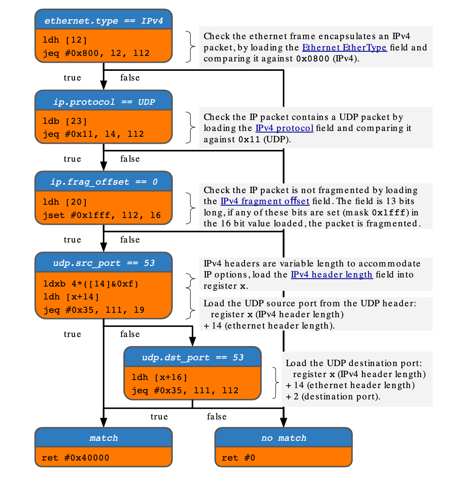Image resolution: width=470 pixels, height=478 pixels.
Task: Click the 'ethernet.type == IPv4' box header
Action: click(104, 20)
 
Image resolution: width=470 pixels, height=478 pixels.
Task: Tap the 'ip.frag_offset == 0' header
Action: click(104, 181)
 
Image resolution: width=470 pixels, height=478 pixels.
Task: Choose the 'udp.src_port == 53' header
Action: click(104, 263)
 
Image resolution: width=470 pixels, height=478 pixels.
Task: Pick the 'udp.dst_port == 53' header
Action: click(193, 357)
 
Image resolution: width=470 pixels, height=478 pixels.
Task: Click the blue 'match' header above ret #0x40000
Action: click(104, 438)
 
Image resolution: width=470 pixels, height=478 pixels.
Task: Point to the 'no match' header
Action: click(284, 438)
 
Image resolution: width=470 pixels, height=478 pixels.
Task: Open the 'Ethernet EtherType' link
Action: click(344, 48)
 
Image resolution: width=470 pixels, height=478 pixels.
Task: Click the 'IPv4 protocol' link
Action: click(284, 128)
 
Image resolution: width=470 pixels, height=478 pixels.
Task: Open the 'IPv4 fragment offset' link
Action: click(265, 201)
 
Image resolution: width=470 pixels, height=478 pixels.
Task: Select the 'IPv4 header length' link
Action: click(331, 275)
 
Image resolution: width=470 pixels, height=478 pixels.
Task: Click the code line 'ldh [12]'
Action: click(65, 40)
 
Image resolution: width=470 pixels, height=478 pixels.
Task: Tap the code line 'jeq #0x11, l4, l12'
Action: click(93, 134)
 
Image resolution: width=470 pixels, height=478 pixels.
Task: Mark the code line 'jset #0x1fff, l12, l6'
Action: click(102, 215)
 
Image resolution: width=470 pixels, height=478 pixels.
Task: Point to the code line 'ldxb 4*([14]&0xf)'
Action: click(91, 284)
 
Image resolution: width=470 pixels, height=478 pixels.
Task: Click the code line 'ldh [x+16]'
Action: click(159, 377)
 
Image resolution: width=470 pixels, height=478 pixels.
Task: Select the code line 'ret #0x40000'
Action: click(75, 458)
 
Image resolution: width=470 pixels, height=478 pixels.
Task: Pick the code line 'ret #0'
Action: click(239, 458)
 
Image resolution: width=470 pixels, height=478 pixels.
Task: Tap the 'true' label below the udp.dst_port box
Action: click(159, 417)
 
